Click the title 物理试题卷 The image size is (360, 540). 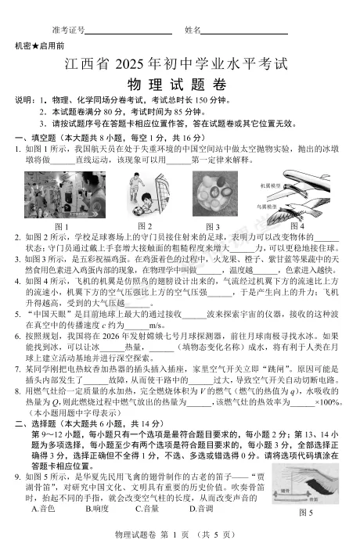[x=179, y=84]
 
